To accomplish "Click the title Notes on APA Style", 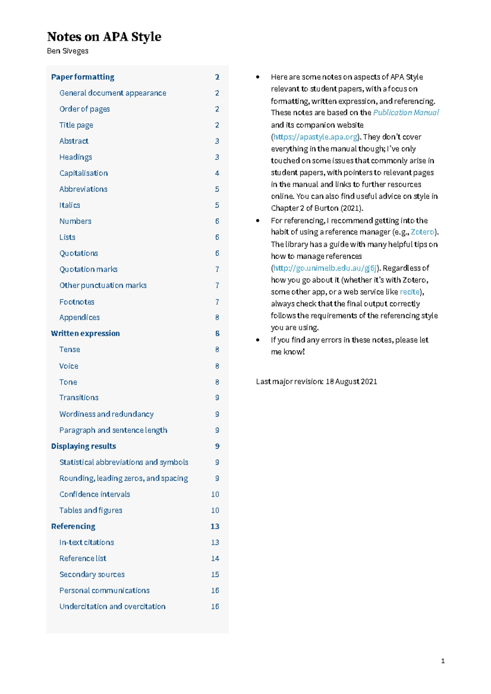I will (104, 37).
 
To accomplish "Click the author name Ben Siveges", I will (68, 51).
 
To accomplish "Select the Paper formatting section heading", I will (83, 77).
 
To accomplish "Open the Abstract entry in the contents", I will (74, 141).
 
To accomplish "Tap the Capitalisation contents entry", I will (83, 173).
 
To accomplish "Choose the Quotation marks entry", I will (88, 269).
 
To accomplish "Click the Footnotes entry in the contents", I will (77, 302).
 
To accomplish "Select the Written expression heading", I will (85, 334).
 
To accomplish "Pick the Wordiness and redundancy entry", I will (106, 414).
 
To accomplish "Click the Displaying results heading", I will (83, 446).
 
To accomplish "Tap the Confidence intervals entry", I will (95, 495).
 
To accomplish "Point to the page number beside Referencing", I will (215, 526).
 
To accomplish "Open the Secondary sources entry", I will (92, 575).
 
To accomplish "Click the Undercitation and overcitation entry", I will (112, 607).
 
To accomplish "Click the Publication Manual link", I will (405, 113).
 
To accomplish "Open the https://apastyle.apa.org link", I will (315, 137).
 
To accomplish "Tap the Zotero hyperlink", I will (422, 232).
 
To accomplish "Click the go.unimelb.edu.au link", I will (325, 268).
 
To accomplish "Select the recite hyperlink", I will (410, 292).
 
